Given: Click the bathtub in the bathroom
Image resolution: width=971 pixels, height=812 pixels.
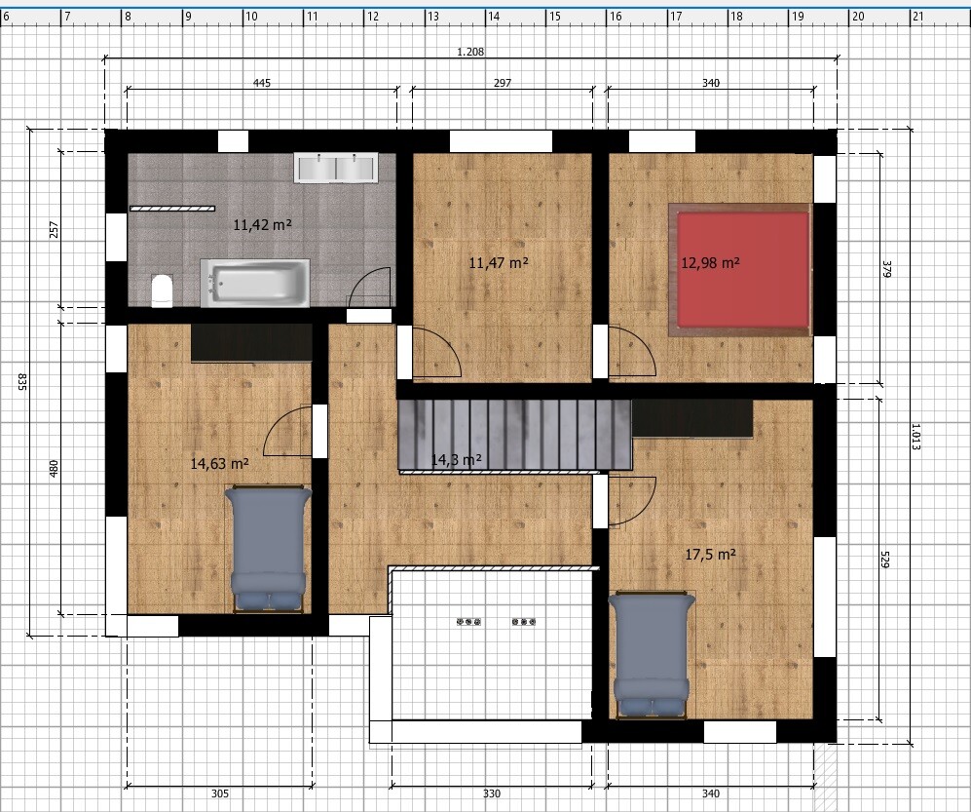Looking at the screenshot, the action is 255,283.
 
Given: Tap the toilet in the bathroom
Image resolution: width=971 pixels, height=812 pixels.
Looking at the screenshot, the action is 162,290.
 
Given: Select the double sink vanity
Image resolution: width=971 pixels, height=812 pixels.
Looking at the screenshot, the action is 336,168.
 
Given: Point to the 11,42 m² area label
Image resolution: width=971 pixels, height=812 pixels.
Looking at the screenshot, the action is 263,224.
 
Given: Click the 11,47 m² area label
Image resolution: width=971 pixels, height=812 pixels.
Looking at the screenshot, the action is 499,263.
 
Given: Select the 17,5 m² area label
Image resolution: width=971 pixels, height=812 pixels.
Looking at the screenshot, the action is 710,554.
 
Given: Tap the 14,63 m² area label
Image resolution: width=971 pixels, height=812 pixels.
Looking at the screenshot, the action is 220,464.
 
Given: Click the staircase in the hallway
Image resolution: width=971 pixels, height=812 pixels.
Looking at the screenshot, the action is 514,436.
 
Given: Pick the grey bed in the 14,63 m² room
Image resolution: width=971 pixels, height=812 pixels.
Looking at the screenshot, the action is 268,550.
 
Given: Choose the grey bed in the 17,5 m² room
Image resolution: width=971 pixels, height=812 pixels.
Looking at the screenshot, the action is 652,655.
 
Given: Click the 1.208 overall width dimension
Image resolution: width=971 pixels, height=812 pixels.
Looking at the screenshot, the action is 470,52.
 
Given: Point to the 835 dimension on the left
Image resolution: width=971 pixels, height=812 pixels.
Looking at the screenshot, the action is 22,382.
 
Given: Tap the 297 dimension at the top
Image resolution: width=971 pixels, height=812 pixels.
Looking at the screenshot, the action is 503,83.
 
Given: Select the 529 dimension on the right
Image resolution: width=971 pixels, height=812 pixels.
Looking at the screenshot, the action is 885,560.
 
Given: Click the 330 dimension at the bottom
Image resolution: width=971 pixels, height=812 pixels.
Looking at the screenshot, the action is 492,793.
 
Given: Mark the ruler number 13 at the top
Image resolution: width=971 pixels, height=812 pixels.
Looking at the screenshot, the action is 433,17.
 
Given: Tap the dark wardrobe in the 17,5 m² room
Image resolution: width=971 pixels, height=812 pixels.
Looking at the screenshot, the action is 692,418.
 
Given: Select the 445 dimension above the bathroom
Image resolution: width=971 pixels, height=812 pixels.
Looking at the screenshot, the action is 262,83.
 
